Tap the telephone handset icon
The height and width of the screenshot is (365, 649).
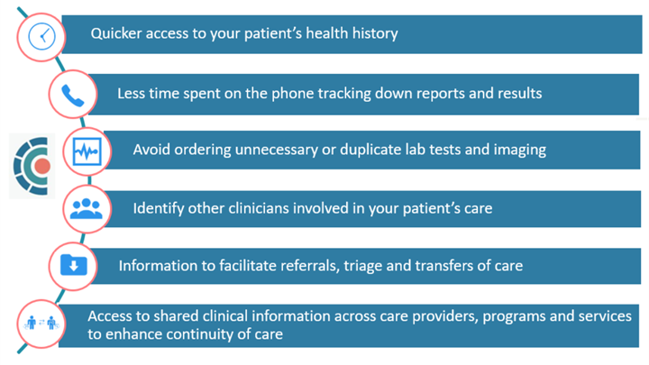72,94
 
